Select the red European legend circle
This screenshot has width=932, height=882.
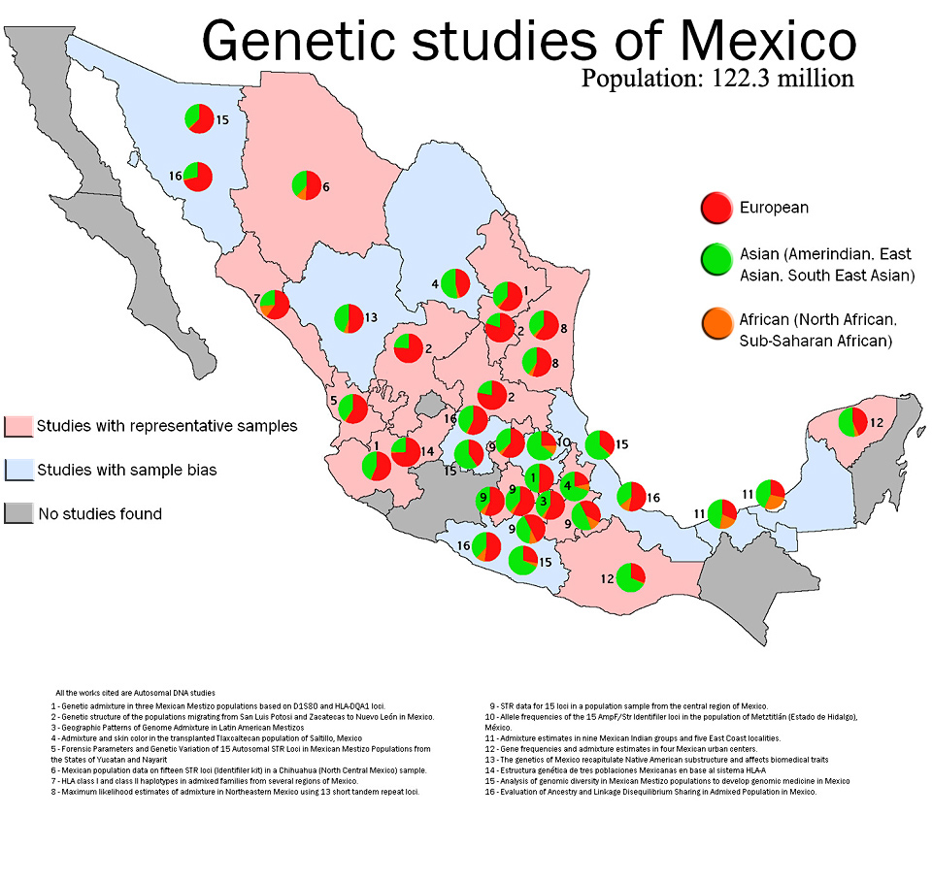[x=716, y=208]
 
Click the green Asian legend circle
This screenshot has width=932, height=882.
[x=716, y=258]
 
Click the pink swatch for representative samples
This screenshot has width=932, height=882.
[x=18, y=426]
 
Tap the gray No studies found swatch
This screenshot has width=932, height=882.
[x=18, y=514]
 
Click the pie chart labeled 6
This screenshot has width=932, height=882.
[x=306, y=184]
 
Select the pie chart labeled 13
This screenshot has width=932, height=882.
[x=348, y=318]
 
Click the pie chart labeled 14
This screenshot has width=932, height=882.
[x=406, y=451]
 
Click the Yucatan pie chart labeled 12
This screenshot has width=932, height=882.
[x=852, y=422]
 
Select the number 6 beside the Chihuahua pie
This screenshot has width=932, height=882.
[x=327, y=186]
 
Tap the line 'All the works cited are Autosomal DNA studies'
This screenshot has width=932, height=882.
[x=135, y=692]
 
